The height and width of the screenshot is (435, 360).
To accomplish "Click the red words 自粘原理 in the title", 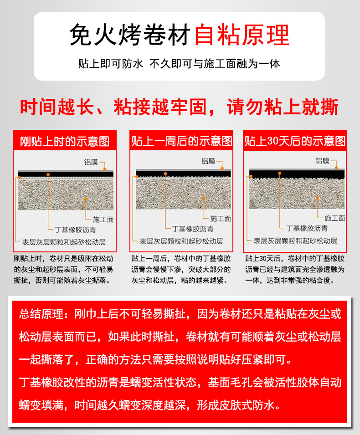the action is (x=242, y=35).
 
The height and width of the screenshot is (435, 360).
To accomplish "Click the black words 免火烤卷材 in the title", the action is (x=130, y=35).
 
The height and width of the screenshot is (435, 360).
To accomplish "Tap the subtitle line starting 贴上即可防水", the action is (x=179, y=64).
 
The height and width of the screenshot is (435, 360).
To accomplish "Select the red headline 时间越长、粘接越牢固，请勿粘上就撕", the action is (x=179, y=107).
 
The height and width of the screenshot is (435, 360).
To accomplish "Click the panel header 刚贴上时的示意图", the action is (x=64, y=141).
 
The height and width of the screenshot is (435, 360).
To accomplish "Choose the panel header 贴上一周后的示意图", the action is (x=181, y=141).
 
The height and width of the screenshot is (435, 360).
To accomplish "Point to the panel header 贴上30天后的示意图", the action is (x=295, y=141).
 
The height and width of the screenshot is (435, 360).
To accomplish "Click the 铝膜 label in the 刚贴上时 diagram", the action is (x=91, y=162).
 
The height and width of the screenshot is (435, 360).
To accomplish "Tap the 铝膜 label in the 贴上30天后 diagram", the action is (x=322, y=161).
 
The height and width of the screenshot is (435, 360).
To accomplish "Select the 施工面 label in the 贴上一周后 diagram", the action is (x=221, y=219).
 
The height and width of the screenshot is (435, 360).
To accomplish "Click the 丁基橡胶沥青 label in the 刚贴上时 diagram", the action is (x=75, y=230).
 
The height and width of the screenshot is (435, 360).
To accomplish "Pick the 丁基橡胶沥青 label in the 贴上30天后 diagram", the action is (x=307, y=228).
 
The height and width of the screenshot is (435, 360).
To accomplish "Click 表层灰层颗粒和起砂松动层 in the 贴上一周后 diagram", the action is (x=181, y=241).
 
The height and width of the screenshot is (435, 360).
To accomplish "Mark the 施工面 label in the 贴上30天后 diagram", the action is (x=335, y=218).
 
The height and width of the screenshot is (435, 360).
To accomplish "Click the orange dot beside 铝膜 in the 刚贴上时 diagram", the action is (x=105, y=169).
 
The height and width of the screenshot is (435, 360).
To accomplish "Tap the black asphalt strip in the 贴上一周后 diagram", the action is (x=183, y=174).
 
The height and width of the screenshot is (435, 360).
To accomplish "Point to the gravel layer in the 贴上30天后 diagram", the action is (x=297, y=193).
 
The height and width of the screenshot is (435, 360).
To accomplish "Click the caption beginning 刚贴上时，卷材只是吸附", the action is (x=63, y=269).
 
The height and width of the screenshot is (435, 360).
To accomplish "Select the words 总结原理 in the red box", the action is (x=41, y=314).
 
